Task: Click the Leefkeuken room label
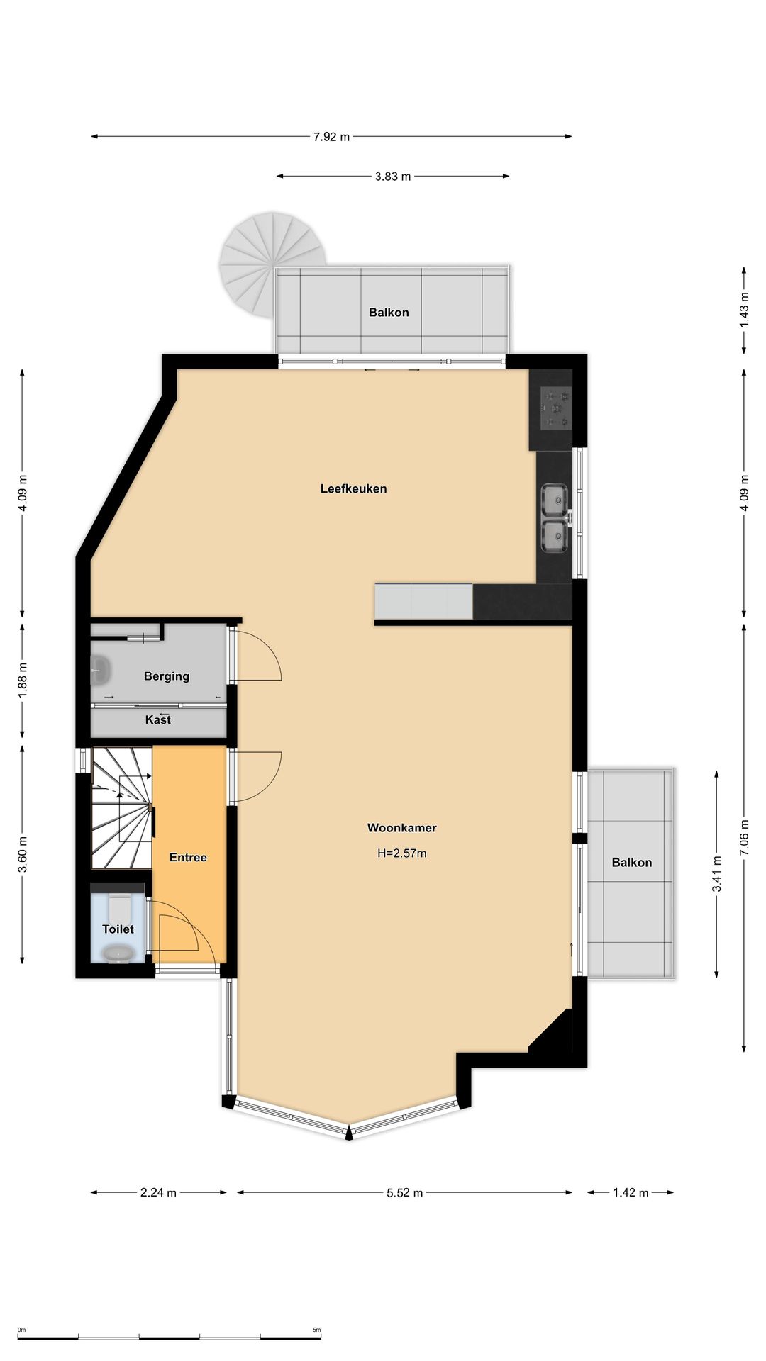(x=353, y=488)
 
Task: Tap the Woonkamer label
(x=401, y=827)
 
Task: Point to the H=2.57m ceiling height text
(x=401, y=853)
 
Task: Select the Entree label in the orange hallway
(x=188, y=857)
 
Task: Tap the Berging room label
(x=167, y=676)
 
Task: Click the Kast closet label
(x=157, y=719)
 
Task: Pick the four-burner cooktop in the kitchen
(x=555, y=408)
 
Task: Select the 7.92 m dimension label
(x=331, y=137)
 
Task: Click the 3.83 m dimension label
(x=393, y=177)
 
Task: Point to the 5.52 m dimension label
(x=404, y=1192)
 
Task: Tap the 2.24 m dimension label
(x=158, y=1192)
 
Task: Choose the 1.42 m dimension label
(x=631, y=1192)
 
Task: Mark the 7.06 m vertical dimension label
(x=744, y=838)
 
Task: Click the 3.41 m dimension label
(x=717, y=874)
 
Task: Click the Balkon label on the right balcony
(x=631, y=862)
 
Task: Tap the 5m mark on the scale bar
(x=317, y=1330)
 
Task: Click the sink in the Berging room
(x=100, y=670)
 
